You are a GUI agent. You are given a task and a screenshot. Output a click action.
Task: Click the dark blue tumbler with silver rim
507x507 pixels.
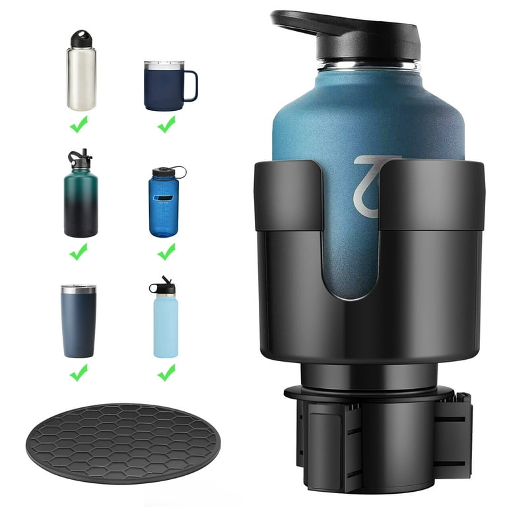79,322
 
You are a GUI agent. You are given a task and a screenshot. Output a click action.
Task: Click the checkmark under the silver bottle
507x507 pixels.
79,123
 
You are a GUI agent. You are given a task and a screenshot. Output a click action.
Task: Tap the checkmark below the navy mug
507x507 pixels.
166,123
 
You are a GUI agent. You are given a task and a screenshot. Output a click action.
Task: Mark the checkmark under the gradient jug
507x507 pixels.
79,251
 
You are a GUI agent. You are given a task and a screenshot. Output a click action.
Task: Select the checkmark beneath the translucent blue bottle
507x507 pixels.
166,251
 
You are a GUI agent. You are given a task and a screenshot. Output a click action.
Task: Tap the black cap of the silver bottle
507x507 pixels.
81,39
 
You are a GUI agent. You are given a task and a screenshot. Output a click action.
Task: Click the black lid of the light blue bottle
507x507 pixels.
164,287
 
